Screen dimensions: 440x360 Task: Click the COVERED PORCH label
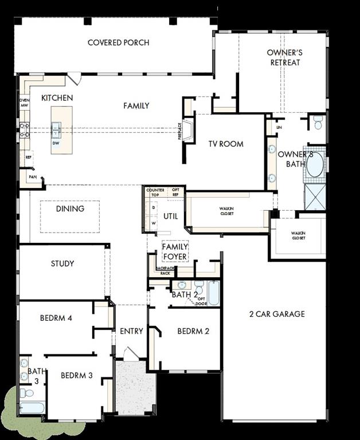118,42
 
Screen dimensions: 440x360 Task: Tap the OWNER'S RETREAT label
285,57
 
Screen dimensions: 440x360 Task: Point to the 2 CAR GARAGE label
276,314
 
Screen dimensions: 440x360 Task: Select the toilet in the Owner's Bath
318,121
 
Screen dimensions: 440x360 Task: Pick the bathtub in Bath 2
213,293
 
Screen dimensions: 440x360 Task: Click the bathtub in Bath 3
32,407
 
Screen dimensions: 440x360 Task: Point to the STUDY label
62,264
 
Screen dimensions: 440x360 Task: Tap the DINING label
70,209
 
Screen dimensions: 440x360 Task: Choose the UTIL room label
171,216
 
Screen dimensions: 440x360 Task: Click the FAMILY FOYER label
175,252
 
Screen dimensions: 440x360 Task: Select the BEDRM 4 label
56,318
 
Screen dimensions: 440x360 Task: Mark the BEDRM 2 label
193,331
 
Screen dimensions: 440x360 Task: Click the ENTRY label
131,331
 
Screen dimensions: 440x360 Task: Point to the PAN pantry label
32,178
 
